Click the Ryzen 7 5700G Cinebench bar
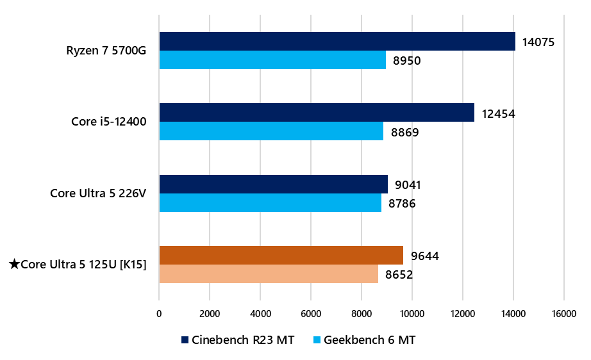coord(337,42)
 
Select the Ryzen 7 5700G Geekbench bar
coord(272,60)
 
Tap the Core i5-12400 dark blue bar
coord(317,113)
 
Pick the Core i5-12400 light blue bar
coord(271,131)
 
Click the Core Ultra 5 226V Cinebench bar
coord(274,184)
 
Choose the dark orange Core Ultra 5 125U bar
coord(281,256)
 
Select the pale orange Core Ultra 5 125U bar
coord(269,274)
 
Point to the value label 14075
coord(538,42)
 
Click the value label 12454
coord(499,114)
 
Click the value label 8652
coord(399,275)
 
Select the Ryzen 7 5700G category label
coord(106,51)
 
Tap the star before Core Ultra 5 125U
coord(15,264)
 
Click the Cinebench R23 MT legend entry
coord(238,340)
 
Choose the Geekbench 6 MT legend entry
coord(363,340)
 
